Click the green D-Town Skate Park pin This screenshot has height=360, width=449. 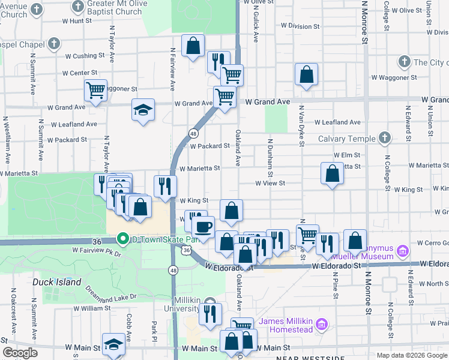123,239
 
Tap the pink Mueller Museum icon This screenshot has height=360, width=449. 403,250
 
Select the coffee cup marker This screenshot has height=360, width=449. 203,227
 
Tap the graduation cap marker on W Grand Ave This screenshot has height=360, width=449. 143,110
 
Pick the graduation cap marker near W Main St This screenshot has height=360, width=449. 113,344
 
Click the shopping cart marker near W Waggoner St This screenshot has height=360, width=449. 95,91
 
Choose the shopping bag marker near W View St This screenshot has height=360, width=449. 332,174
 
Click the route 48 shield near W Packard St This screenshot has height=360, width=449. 193,133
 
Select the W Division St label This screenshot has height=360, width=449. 302,26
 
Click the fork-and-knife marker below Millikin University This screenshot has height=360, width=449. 210,314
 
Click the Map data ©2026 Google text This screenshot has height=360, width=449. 411,355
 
